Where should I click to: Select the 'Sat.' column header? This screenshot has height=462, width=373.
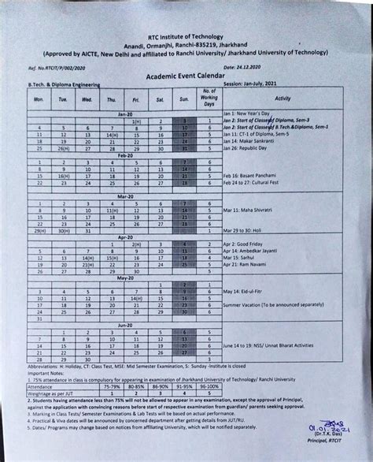(x=160, y=100)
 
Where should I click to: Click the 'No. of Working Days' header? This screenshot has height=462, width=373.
(x=209, y=99)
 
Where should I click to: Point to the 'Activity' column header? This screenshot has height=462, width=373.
(x=283, y=98)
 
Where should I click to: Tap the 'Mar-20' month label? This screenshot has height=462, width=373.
(x=124, y=196)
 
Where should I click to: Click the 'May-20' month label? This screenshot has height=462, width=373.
(x=124, y=278)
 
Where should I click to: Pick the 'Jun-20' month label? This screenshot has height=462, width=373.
(x=124, y=325)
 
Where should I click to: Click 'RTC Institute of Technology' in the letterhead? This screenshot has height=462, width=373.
(x=186, y=38)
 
